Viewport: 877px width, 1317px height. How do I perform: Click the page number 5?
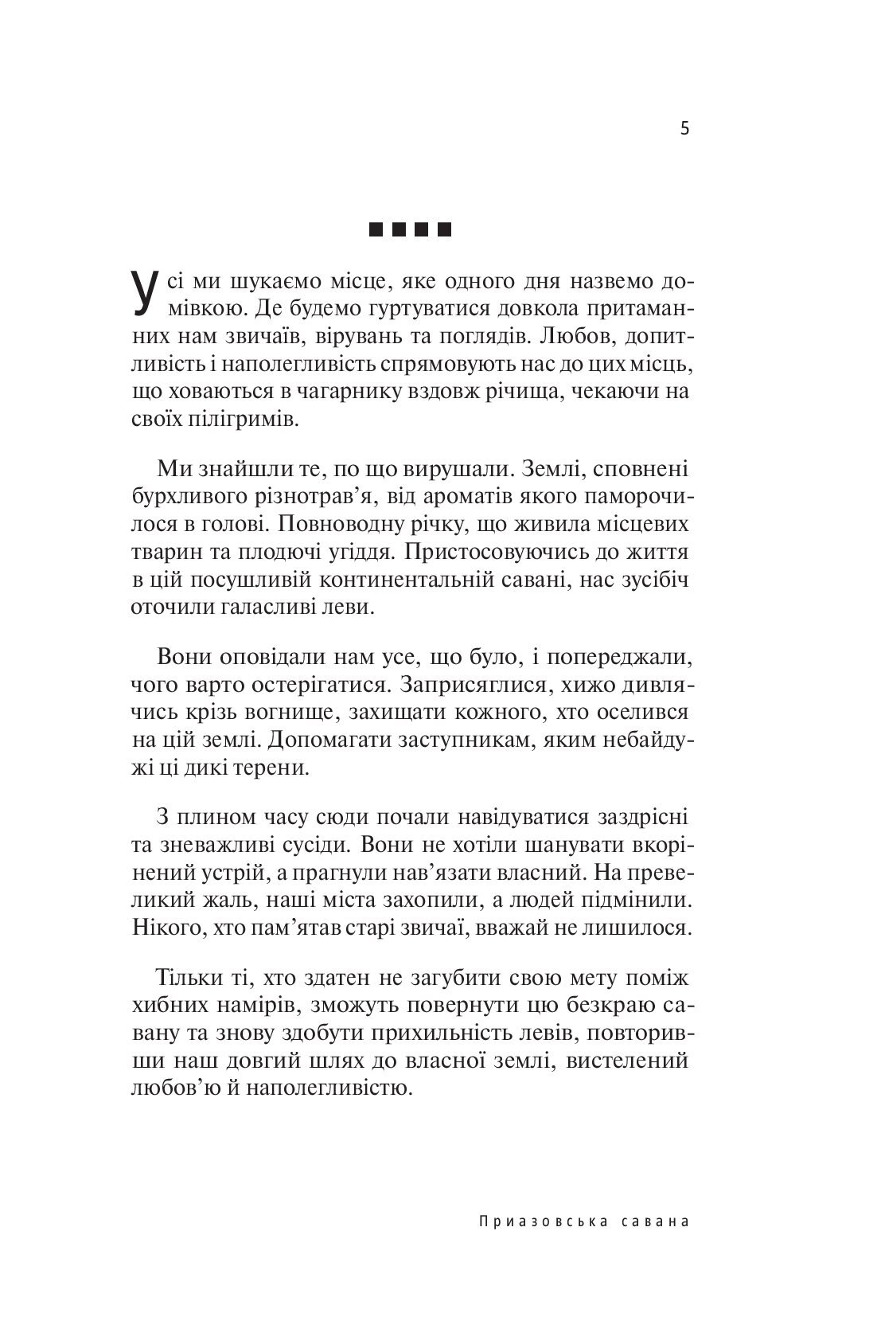[x=684, y=128]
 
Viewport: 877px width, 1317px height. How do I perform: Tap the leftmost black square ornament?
[x=376, y=232]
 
